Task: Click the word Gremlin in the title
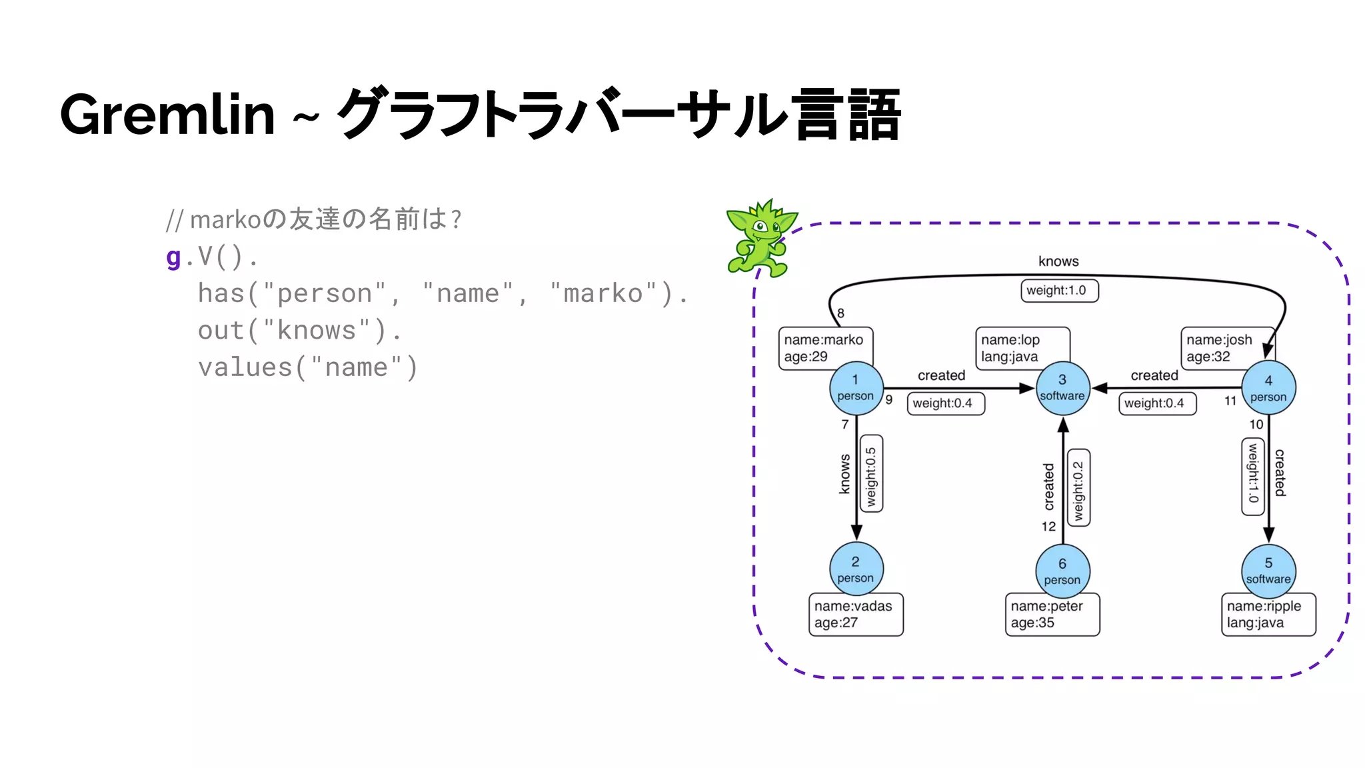point(167,115)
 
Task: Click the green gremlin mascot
point(760,239)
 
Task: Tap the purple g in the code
point(173,256)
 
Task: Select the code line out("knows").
point(299,331)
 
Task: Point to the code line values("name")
point(307,367)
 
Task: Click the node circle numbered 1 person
point(856,388)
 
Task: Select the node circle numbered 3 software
point(1062,388)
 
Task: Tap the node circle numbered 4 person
point(1268,388)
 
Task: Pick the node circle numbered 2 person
point(856,569)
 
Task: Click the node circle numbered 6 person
point(1062,571)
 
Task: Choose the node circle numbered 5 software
point(1268,571)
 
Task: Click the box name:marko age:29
point(824,347)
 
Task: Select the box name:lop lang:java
point(1022,347)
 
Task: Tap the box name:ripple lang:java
point(1268,615)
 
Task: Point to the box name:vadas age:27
point(856,615)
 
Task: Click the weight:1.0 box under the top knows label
point(1059,291)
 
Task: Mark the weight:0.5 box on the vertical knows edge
point(871,474)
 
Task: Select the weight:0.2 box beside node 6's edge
point(1078,488)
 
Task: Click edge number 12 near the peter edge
point(1048,527)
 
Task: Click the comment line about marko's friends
point(313,219)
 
